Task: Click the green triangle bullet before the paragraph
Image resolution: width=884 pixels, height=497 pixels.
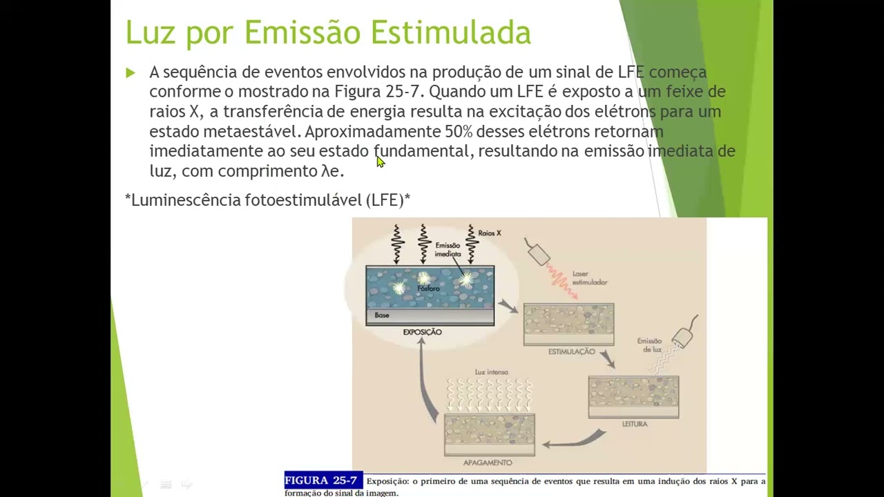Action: point(131,72)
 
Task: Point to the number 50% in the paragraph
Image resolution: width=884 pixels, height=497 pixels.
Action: point(462,131)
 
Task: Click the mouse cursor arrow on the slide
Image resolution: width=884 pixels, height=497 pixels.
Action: point(380,162)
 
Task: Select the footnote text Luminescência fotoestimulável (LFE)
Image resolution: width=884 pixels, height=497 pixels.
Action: point(268,200)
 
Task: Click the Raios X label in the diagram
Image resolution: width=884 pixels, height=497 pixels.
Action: point(490,233)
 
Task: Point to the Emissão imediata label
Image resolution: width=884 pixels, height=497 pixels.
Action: point(448,250)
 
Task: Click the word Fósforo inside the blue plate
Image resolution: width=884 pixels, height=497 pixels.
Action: point(428,289)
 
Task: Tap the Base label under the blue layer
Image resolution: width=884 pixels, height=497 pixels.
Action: point(382,315)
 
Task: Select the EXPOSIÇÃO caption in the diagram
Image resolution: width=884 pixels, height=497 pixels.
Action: point(422,332)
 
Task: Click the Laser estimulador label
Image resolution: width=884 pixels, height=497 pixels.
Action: point(589,278)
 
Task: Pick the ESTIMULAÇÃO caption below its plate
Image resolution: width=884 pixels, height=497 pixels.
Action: point(571,351)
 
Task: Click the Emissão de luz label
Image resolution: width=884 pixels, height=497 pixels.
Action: point(649,345)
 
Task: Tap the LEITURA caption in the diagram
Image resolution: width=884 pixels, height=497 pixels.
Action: point(634,424)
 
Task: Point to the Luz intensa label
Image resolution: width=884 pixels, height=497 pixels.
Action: point(491,372)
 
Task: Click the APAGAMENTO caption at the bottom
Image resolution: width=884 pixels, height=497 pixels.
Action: point(488,462)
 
